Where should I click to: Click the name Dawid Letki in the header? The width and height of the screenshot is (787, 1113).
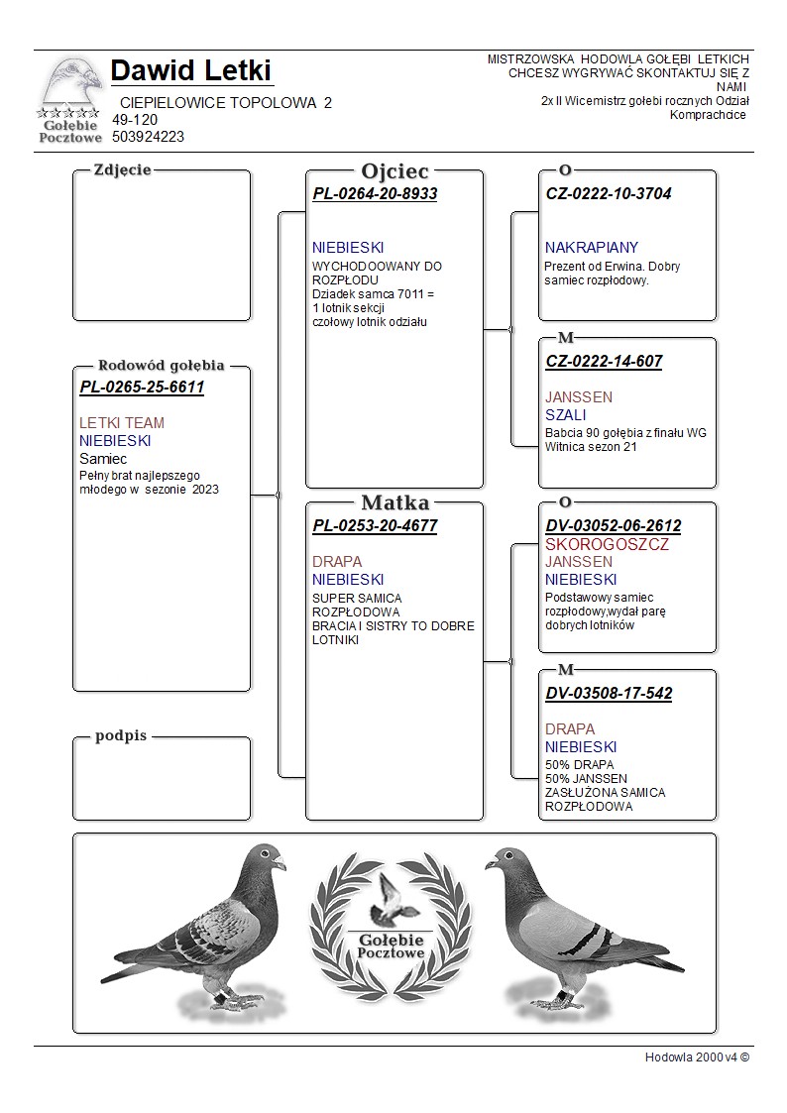pyautogui.click(x=190, y=70)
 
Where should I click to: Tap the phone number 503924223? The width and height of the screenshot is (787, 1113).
pyautogui.click(x=148, y=137)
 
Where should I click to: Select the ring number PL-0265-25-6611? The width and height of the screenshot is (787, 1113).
pyautogui.click(x=142, y=388)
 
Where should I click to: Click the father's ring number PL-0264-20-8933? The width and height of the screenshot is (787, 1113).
pyautogui.click(x=375, y=194)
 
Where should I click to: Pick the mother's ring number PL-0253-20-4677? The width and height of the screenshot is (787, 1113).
pyautogui.click(x=375, y=526)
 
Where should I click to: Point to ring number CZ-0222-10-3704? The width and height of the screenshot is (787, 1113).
pyautogui.click(x=608, y=194)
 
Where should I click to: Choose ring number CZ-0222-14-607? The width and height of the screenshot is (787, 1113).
pyautogui.click(x=604, y=362)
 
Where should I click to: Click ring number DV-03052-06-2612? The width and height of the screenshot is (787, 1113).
pyautogui.click(x=614, y=526)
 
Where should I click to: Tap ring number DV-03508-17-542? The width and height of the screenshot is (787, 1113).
pyautogui.click(x=609, y=694)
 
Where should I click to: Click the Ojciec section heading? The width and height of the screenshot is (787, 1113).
pyautogui.click(x=394, y=171)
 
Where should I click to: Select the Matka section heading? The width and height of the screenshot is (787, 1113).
pyautogui.click(x=394, y=502)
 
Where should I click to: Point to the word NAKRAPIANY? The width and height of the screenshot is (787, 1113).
pyautogui.click(x=592, y=248)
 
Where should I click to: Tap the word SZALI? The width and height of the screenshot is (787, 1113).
pyautogui.click(x=565, y=415)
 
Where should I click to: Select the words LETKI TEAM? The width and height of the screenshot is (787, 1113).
pyautogui.click(x=122, y=423)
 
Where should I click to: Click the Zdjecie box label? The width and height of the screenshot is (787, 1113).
pyautogui.click(x=122, y=169)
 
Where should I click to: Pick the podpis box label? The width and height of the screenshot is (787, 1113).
pyautogui.click(x=121, y=736)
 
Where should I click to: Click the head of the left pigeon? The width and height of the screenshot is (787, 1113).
pyautogui.click(x=266, y=858)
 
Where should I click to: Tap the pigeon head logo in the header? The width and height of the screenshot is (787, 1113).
pyautogui.click(x=72, y=85)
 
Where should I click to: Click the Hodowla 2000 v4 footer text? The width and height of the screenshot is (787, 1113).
pyautogui.click(x=697, y=1057)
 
